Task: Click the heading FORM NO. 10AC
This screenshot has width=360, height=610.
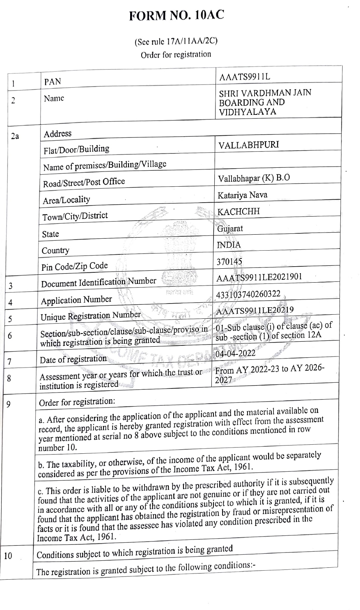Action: pyautogui.click(x=177, y=16)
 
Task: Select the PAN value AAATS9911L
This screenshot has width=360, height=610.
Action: pyautogui.click(x=245, y=77)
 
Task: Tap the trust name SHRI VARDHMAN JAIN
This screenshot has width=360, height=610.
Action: pyautogui.click(x=265, y=93)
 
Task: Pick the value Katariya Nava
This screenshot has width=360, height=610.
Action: pyautogui.click(x=243, y=195)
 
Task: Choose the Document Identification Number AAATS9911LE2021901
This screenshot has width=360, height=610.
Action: pyautogui.click(x=259, y=278)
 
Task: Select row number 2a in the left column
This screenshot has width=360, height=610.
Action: pyautogui.click(x=15, y=136)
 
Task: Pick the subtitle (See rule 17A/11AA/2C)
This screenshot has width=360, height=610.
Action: pyautogui.click(x=176, y=41)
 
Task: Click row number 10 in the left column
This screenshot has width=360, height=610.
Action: pyautogui.click(x=9, y=556)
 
